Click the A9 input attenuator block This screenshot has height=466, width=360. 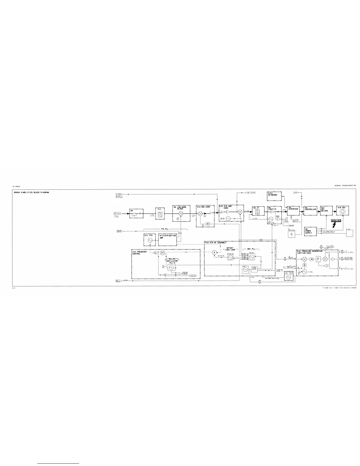tap(136, 213)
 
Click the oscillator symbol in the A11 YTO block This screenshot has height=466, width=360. tap(150, 240)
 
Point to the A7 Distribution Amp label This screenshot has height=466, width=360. tap(167, 237)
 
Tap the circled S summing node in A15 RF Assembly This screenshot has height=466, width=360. tap(214, 252)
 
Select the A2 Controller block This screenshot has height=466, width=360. tap(310, 211)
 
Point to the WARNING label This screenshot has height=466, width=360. tap(335, 220)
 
